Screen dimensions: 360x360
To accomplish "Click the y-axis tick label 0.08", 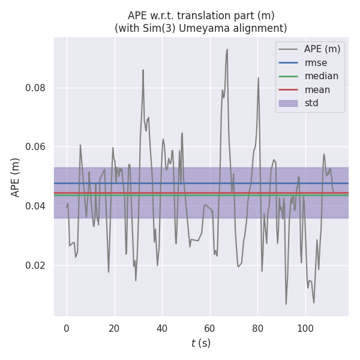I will (36, 88).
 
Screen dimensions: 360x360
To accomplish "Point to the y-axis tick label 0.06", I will (36, 147).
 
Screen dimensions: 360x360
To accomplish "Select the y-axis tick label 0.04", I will (36, 206).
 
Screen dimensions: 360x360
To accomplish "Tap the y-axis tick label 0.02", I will (36, 265).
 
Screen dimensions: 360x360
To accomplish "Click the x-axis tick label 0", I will (67, 328).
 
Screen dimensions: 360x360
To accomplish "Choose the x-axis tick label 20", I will (115, 328).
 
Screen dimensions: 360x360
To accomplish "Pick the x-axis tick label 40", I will (162, 328).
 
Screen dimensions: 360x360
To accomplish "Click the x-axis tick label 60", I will (210, 328).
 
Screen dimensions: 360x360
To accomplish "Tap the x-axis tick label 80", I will (257, 328).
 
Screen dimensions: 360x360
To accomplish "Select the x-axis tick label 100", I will (305, 328).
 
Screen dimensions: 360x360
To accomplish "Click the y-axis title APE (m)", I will (16, 177).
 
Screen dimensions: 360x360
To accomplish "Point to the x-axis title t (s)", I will (201, 343).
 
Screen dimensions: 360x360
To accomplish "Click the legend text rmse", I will (316, 62).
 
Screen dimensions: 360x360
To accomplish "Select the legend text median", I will (321, 76).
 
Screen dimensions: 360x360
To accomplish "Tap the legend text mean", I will (317, 89).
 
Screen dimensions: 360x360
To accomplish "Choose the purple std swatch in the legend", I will (288, 103).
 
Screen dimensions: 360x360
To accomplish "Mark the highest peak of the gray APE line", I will (227, 49).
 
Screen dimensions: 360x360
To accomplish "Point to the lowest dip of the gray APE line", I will (286, 304).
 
